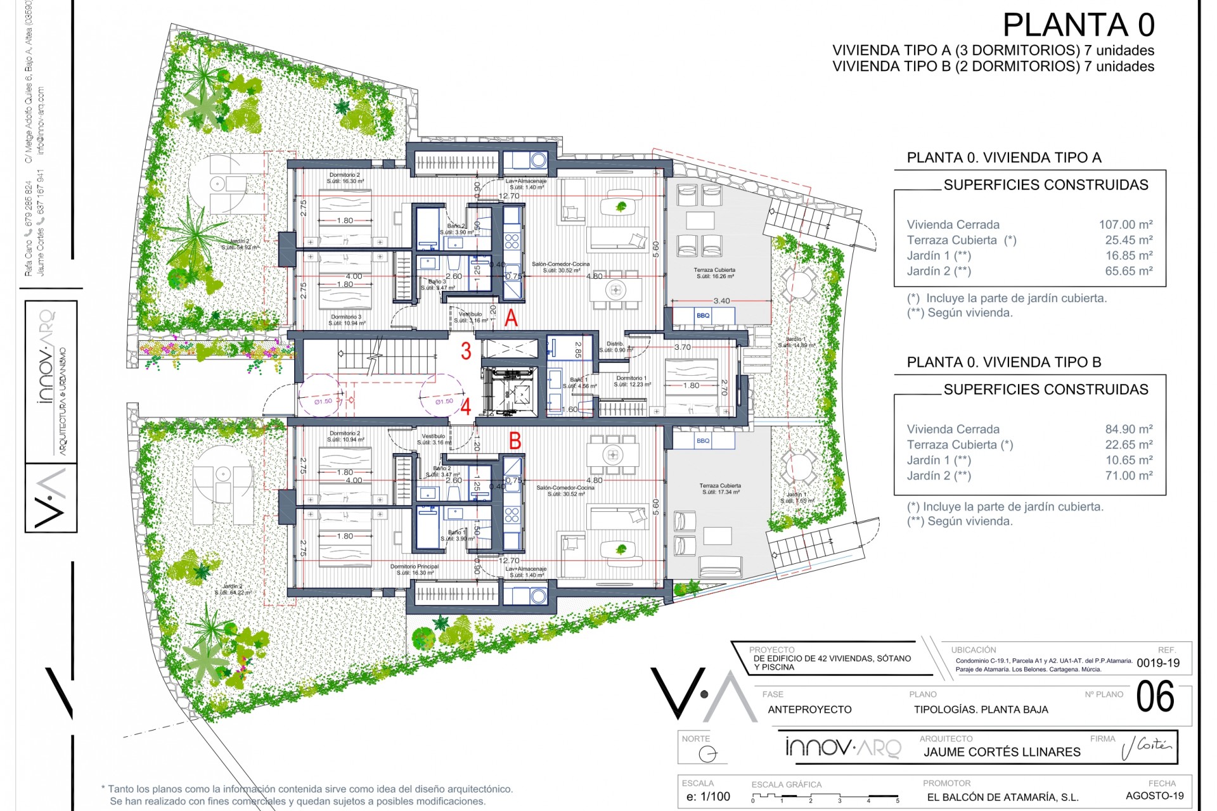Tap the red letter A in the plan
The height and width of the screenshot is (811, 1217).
coord(511,317)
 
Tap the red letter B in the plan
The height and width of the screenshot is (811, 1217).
coord(515,440)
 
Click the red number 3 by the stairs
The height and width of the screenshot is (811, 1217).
coord(466,351)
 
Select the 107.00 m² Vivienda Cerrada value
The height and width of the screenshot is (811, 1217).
coord(1125,224)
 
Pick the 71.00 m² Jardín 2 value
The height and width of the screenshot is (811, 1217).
coord(1128,475)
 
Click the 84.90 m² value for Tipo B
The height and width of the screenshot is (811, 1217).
coord(1128,429)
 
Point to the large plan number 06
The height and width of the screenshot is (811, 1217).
coord(1155,697)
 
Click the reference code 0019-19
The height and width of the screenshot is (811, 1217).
coord(1158,663)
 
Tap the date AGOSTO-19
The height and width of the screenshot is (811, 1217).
coord(1154,796)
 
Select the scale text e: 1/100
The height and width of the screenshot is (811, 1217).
coord(708,796)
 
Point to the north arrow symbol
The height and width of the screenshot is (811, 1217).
coord(707,754)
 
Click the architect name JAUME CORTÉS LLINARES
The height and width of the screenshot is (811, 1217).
coord(1001,752)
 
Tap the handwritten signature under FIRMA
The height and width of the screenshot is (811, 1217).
coord(1146,747)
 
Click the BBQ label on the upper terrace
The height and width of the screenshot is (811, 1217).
coord(702,316)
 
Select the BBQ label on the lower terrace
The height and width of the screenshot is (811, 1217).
coord(702,440)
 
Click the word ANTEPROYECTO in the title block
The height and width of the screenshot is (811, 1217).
coord(809,710)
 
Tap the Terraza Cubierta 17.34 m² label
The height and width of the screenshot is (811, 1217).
coord(720,489)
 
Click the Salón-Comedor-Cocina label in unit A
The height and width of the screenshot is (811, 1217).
coord(560,267)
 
